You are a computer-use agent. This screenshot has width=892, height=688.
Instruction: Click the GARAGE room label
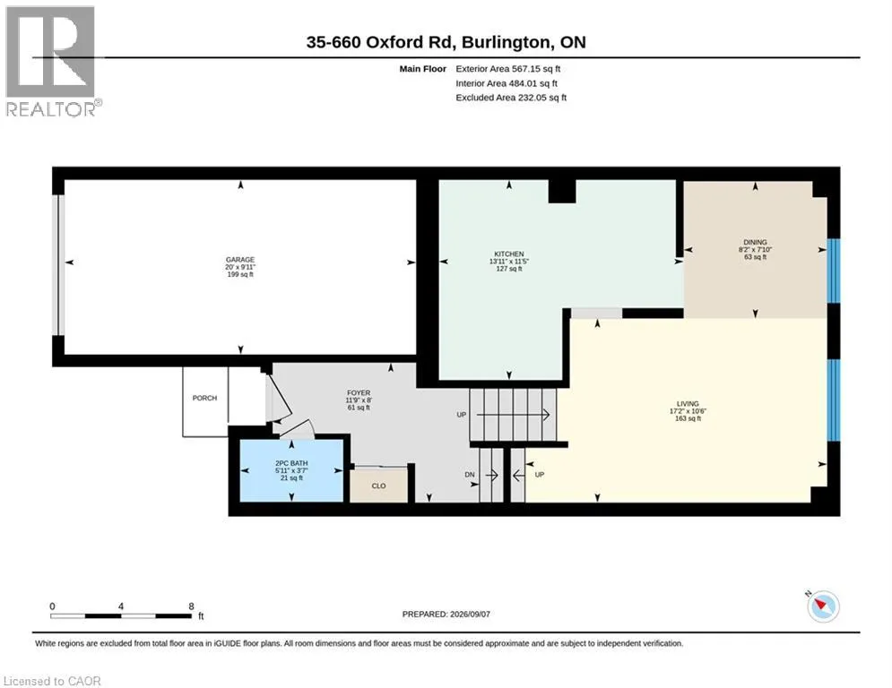tap(240, 260)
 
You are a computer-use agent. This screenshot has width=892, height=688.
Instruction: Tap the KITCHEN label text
tap(509, 254)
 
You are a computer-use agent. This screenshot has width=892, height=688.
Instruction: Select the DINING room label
tap(755, 242)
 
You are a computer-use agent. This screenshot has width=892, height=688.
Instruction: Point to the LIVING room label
tap(688, 404)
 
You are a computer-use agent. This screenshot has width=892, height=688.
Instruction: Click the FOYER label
tap(359, 393)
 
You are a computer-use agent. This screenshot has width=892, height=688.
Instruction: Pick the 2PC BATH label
tap(291, 463)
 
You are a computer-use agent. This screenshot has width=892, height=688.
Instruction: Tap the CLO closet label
tap(379, 486)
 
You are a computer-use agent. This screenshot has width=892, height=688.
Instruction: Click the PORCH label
tap(204, 398)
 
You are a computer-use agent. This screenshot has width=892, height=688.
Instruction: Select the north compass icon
tap(823, 606)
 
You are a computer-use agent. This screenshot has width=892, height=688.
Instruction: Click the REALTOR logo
tap(53, 62)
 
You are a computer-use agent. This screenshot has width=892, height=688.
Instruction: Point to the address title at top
tap(446, 42)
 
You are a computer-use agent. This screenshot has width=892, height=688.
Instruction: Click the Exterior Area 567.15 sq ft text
tap(508, 69)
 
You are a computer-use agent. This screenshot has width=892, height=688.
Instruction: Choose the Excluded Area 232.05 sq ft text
tap(511, 98)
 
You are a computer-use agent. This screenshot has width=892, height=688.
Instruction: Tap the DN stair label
tap(470, 475)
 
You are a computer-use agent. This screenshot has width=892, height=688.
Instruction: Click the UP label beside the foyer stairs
tap(462, 415)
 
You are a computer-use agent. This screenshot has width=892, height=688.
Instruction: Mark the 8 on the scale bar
tap(192, 606)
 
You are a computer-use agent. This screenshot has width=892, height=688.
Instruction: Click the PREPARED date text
tap(446, 614)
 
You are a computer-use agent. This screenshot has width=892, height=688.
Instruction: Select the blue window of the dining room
tap(834, 271)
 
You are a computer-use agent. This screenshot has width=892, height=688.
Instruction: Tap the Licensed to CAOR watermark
tap(52, 681)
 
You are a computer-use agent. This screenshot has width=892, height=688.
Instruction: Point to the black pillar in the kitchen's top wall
tap(562, 191)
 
